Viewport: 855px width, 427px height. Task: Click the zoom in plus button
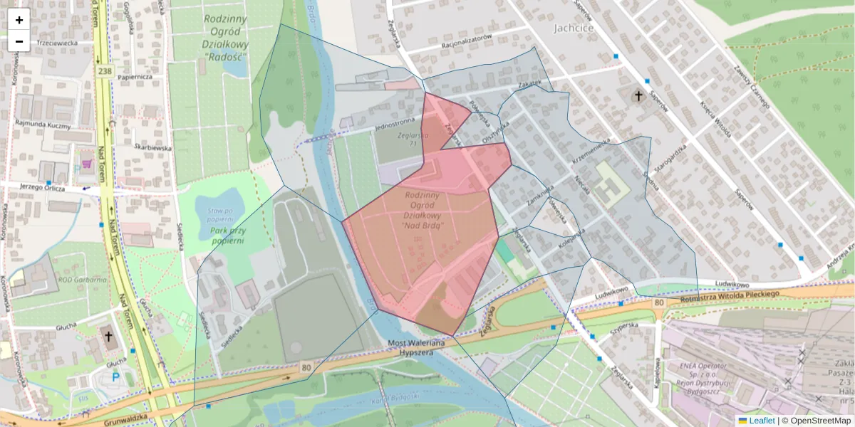[19, 20]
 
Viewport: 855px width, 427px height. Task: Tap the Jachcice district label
[573, 28]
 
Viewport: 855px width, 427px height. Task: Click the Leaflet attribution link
[761, 421]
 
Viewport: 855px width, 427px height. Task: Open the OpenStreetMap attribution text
[819, 421]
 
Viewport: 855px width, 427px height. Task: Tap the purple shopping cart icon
[87, 164]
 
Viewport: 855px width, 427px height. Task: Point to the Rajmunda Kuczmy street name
[45, 125]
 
